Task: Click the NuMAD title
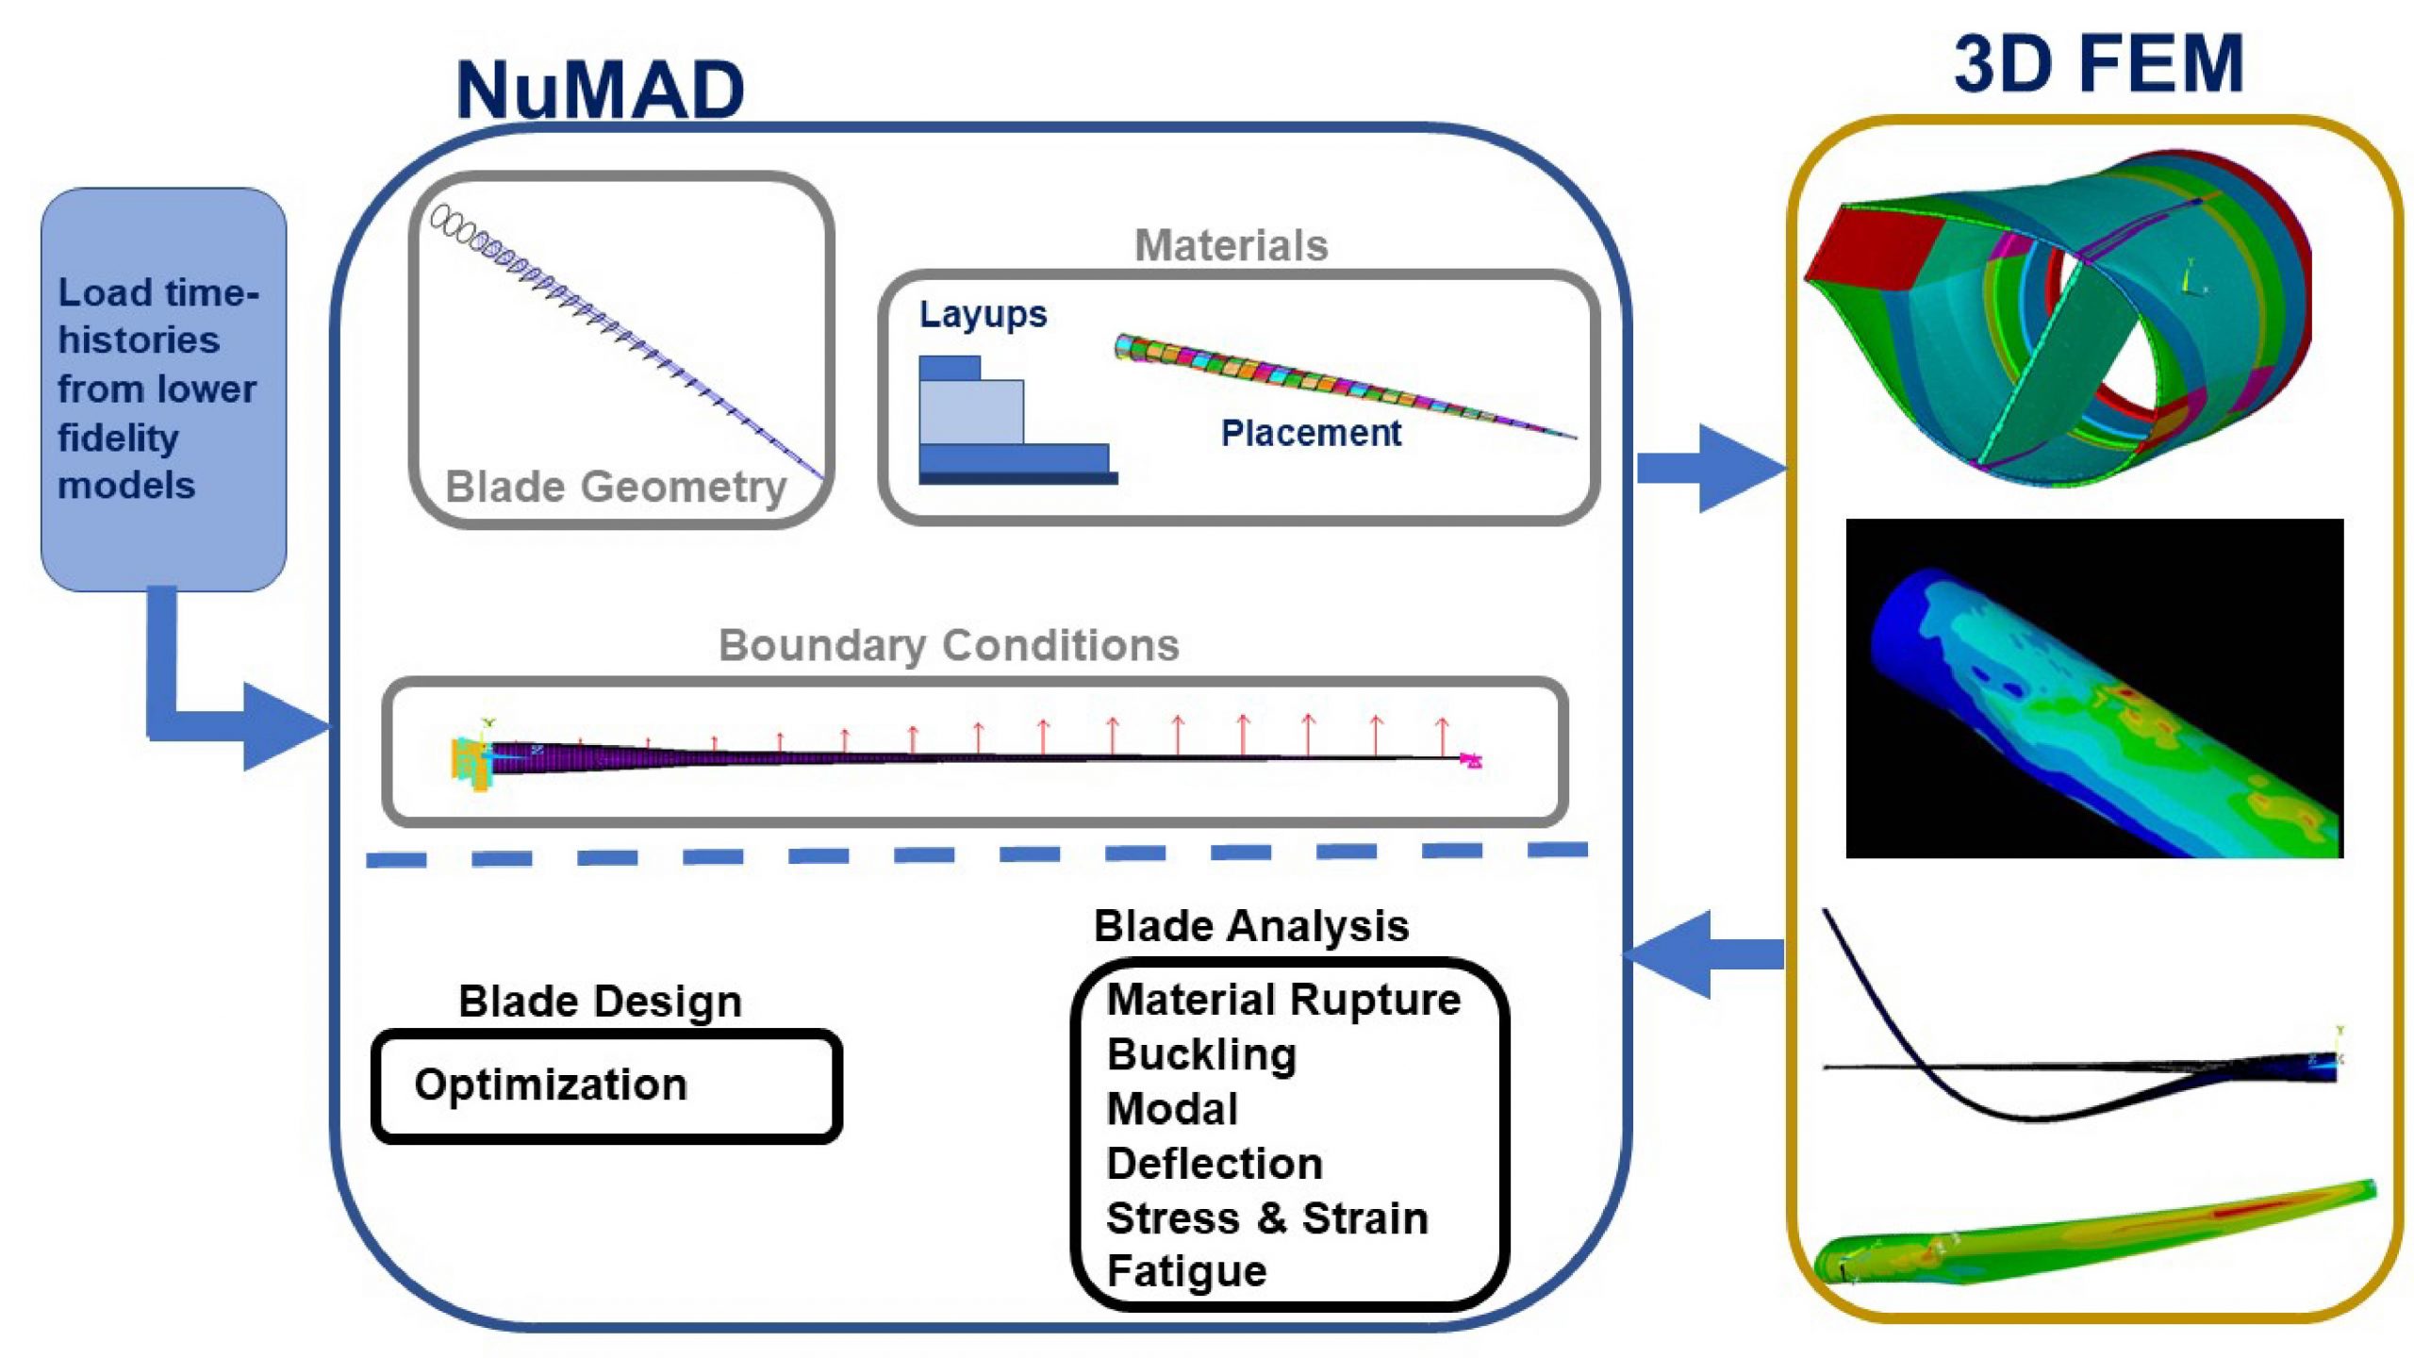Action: [600, 90]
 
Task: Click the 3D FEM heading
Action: [2098, 64]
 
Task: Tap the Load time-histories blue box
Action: [163, 389]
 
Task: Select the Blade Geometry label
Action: [615, 488]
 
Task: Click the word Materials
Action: [1231, 245]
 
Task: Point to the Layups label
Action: [983, 314]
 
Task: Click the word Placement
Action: [1310, 433]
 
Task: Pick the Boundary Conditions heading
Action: [949, 645]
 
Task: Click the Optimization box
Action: [606, 1085]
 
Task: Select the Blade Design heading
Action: [600, 1001]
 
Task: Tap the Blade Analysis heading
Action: [1250, 925]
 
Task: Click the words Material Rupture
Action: [1283, 999]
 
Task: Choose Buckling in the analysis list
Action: [1201, 1054]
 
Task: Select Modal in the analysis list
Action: [1172, 1109]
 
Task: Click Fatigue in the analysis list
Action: [1186, 1271]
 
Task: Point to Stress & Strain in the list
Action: [1266, 1217]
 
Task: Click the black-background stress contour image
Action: [2093, 688]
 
